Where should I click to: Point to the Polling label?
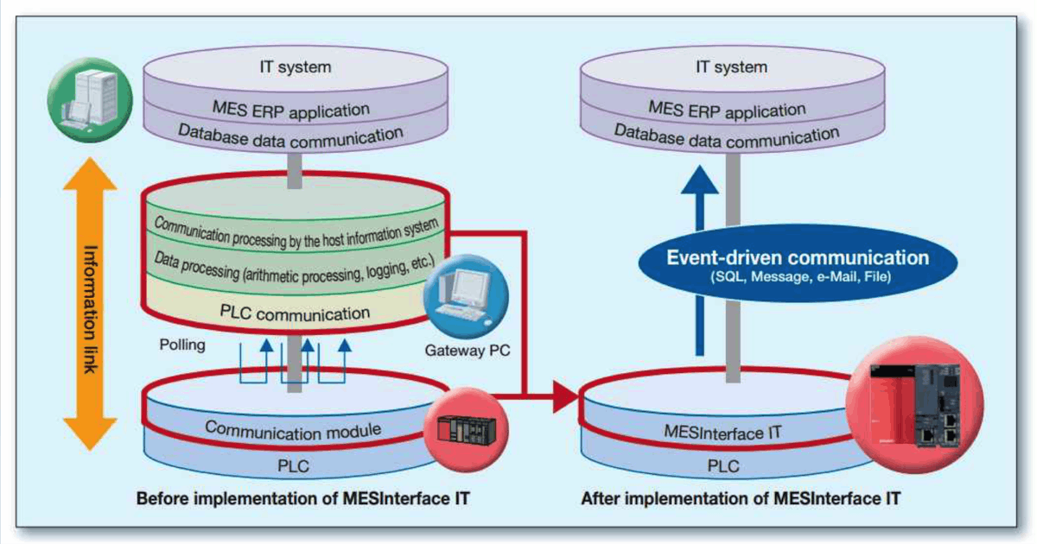(x=182, y=345)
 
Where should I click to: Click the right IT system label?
(x=731, y=66)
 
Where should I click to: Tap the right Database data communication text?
(x=731, y=136)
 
